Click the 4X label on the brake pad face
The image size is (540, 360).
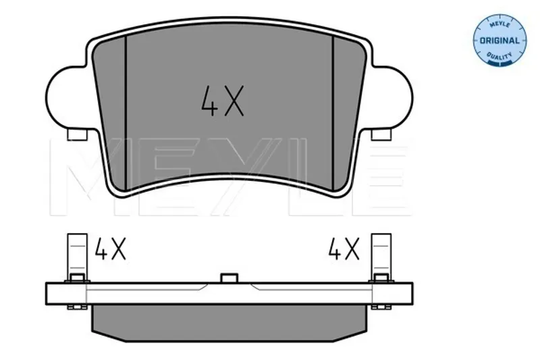coord(223,100)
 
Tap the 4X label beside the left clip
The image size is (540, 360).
coord(110,249)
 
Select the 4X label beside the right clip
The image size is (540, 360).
coord(344,249)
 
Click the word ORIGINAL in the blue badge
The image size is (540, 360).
coord(500,41)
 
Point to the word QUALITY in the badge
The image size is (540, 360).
coord(500,55)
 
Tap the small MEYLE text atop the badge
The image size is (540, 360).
coord(500,24)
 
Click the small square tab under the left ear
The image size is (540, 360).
coord(77,134)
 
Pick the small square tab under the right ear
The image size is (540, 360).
coord(381,134)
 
